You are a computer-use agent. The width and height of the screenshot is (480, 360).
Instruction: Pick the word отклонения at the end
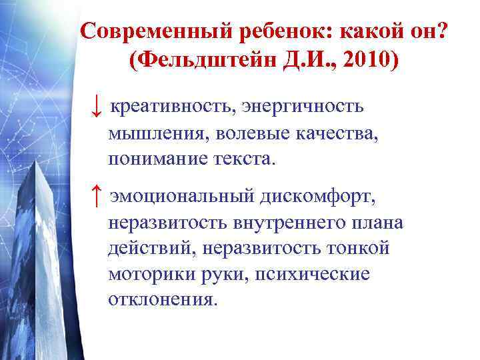tap(163, 300)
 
